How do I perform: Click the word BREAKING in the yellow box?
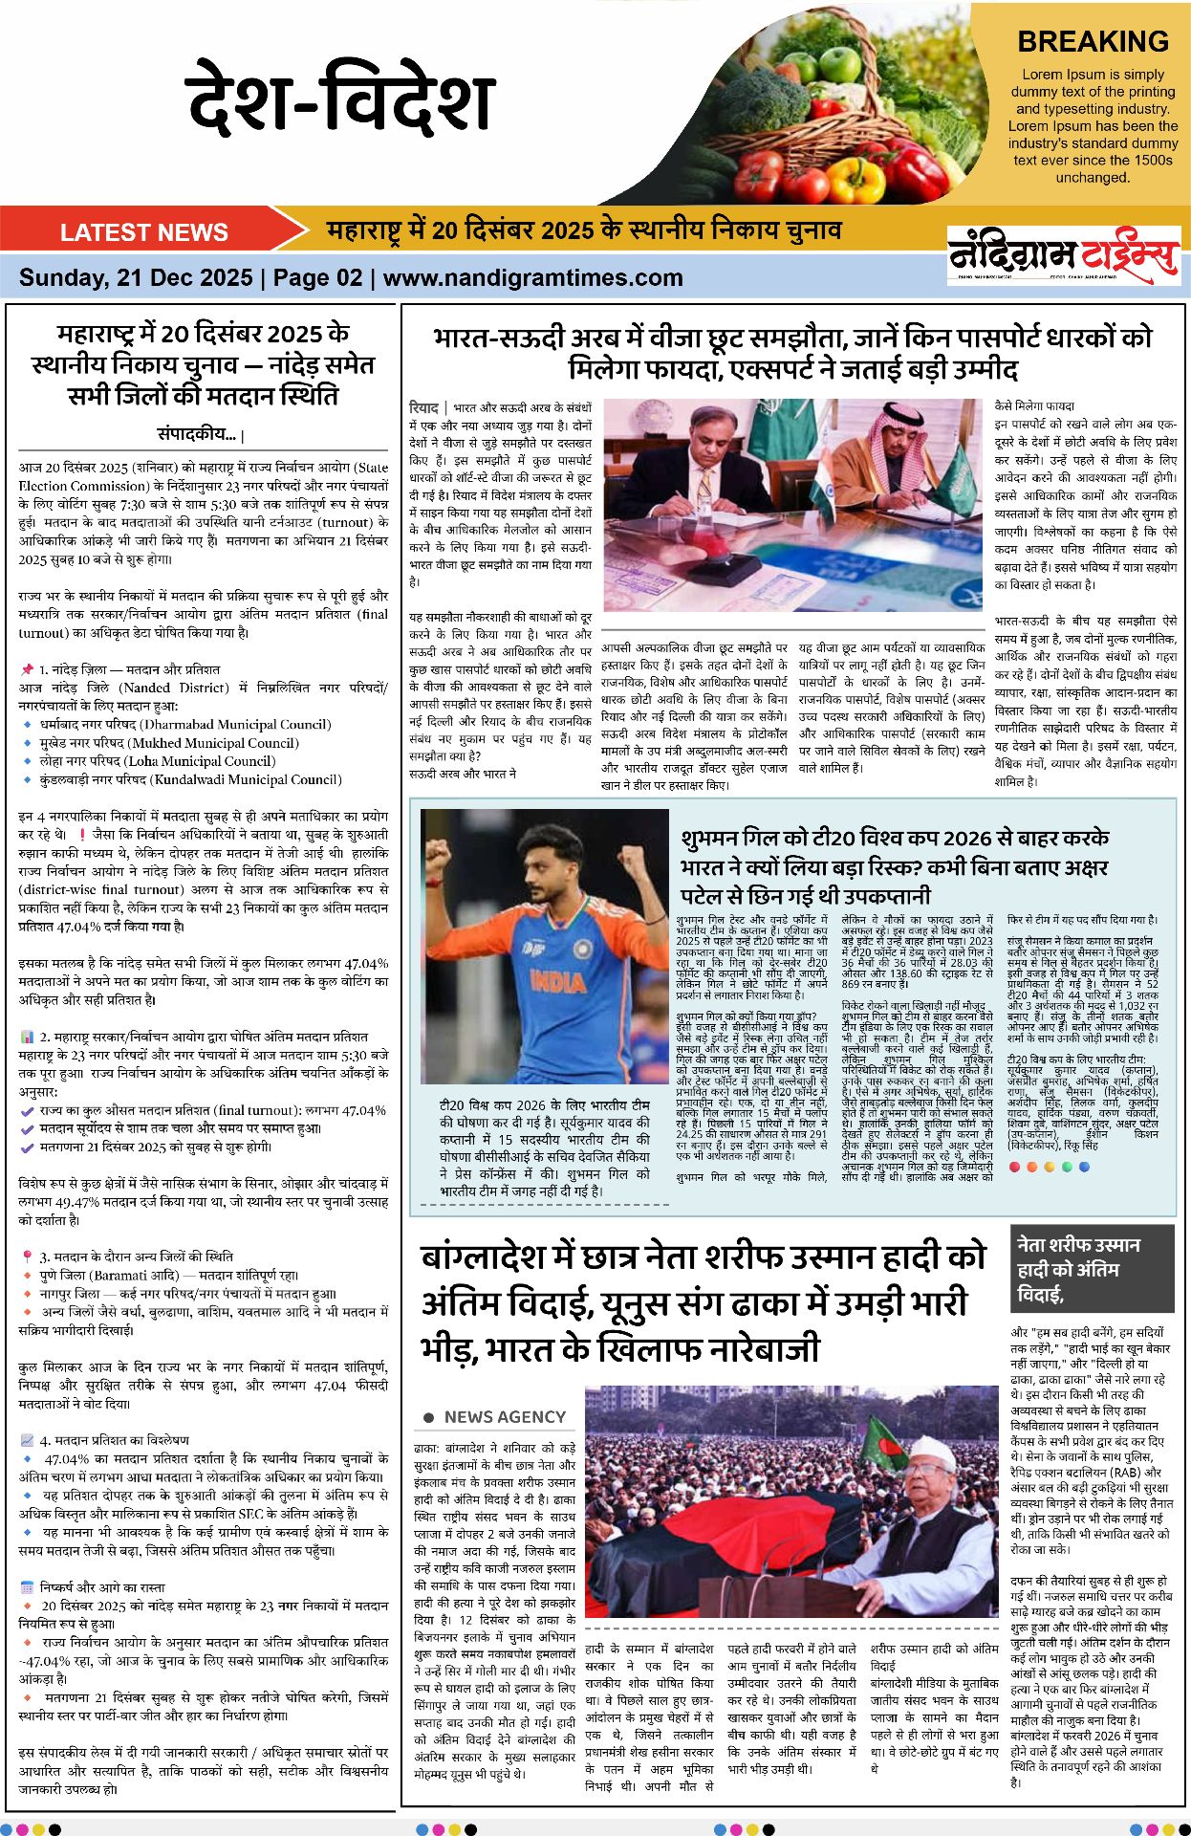coord(1093,42)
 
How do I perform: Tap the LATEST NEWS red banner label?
coord(143,232)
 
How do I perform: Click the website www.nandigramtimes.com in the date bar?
coord(532,278)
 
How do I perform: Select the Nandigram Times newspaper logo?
coord(1063,253)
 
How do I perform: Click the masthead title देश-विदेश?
coord(339,98)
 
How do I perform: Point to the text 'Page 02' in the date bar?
coord(317,278)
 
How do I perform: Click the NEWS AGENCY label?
coord(505,1416)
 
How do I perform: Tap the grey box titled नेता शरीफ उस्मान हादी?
coord(1092,1269)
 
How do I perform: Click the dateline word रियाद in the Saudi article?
coord(423,408)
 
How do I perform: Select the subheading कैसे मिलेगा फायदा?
coord(1034,406)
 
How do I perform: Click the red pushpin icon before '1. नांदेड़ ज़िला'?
coord(27,669)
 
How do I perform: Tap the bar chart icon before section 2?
coord(27,1037)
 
